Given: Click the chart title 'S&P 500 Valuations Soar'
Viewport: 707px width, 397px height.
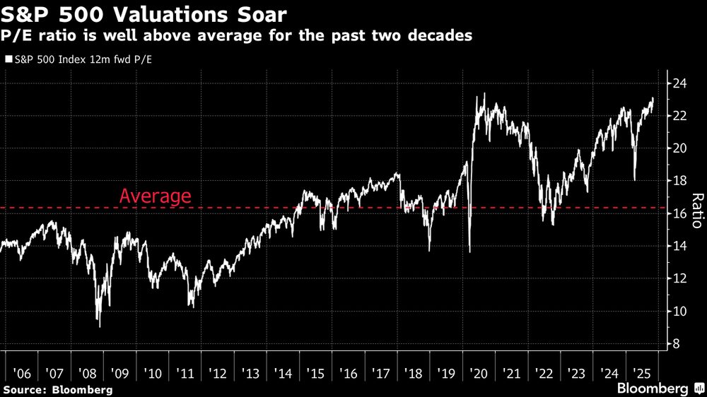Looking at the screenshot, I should [145, 13].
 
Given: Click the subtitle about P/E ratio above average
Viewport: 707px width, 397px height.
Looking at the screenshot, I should [238, 36].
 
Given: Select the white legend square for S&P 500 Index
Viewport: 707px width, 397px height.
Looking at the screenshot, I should [8, 60].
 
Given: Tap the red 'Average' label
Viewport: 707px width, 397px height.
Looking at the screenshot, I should [155, 196].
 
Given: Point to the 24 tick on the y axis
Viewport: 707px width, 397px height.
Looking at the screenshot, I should [679, 83].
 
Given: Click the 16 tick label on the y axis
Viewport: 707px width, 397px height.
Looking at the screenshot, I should [679, 214].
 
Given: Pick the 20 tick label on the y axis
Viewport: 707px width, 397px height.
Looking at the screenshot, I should [679, 148].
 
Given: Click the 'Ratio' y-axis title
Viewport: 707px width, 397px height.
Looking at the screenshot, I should [696, 211].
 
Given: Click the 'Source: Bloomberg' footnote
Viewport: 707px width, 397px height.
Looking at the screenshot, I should [57, 389].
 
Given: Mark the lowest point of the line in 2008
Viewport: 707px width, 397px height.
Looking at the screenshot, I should [100, 326].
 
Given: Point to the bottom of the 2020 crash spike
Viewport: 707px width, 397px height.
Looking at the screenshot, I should [470, 251].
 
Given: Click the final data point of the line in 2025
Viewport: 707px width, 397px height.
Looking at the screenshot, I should [653, 100].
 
